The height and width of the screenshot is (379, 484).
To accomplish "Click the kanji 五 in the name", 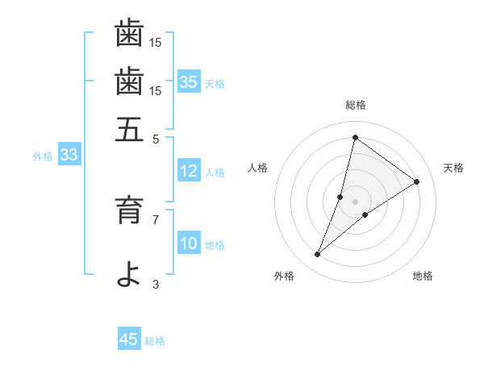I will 129,129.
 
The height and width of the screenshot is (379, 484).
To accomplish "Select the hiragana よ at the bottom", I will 129,273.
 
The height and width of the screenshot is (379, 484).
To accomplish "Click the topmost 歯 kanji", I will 129,34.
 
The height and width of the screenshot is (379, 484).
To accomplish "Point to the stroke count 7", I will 156,219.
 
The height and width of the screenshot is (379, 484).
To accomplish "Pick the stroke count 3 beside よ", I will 156,283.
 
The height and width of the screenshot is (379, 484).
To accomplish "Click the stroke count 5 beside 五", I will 156,138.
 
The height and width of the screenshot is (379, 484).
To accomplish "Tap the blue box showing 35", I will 189,81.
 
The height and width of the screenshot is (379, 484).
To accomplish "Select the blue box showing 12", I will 189,171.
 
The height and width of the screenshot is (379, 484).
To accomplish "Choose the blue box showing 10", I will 189,244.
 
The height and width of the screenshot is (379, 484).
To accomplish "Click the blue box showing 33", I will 68,156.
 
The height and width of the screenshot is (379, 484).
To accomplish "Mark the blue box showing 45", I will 129,339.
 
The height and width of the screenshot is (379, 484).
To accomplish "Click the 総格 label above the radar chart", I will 356,105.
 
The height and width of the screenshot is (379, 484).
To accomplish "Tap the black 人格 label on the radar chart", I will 259,168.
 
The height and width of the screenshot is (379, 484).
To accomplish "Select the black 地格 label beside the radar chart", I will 423,276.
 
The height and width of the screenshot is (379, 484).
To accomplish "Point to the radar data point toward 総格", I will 355,137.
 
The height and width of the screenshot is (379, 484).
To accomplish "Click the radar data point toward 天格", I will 417,181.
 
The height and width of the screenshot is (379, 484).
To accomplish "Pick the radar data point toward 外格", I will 318,255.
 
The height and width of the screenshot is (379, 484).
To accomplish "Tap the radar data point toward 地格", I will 365,214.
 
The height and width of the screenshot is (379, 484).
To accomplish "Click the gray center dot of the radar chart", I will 356,201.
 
